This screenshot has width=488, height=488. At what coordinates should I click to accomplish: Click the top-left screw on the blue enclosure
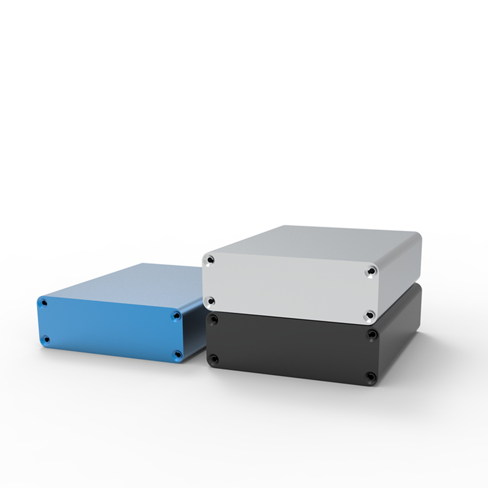pyautogui.click(x=43, y=301)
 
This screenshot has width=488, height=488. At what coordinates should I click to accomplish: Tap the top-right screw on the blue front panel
pyautogui.click(x=176, y=317)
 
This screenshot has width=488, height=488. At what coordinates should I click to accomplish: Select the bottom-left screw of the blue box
pyautogui.click(x=46, y=339)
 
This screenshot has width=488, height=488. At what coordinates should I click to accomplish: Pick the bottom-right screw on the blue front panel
pyautogui.click(x=177, y=354)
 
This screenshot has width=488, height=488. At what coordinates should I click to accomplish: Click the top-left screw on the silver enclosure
pyautogui.click(x=210, y=260)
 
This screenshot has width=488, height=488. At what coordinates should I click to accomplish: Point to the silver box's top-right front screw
pyautogui.click(x=371, y=270)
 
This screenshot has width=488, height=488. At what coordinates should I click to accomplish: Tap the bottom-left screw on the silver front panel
pyautogui.click(x=210, y=300)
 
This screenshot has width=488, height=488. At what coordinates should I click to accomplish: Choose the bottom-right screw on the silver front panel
pyautogui.click(x=371, y=314)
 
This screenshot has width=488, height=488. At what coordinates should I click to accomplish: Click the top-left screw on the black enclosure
pyautogui.click(x=211, y=318)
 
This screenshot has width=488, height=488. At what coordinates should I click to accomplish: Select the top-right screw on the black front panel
pyautogui.click(x=371, y=334)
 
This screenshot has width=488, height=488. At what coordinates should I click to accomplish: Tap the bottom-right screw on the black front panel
pyautogui.click(x=371, y=376)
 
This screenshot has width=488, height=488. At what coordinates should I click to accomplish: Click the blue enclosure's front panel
pyautogui.click(x=110, y=329)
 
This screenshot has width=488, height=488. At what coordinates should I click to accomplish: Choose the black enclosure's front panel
pyautogui.click(x=290, y=348)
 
